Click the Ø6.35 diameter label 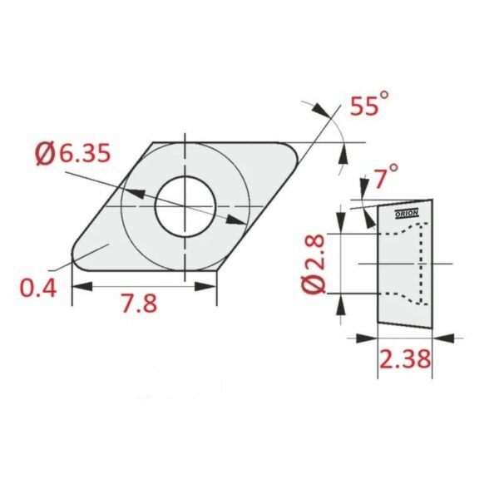(73, 154)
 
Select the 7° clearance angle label (385, 176)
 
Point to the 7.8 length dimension (139, 303)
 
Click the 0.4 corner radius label (38, 288)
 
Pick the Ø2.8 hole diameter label (314, 264)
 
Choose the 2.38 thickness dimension (405, 358)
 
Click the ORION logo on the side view (407, 214)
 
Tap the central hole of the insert (185, 206)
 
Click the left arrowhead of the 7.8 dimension (82, 286)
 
